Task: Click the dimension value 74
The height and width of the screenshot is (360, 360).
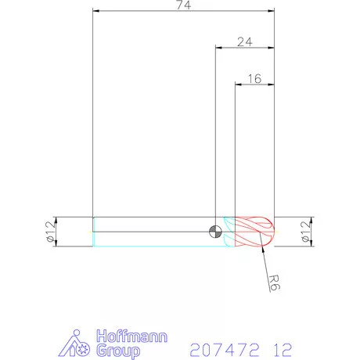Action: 184,5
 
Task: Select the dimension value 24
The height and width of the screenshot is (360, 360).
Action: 244,42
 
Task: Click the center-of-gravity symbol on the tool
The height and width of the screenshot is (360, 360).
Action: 215,231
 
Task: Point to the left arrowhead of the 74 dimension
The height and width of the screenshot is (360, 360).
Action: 95,12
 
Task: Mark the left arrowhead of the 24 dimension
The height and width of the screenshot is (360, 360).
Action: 218,49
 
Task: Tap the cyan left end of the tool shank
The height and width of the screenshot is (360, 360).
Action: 95,232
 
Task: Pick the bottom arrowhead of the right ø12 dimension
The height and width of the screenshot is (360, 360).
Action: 312,245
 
